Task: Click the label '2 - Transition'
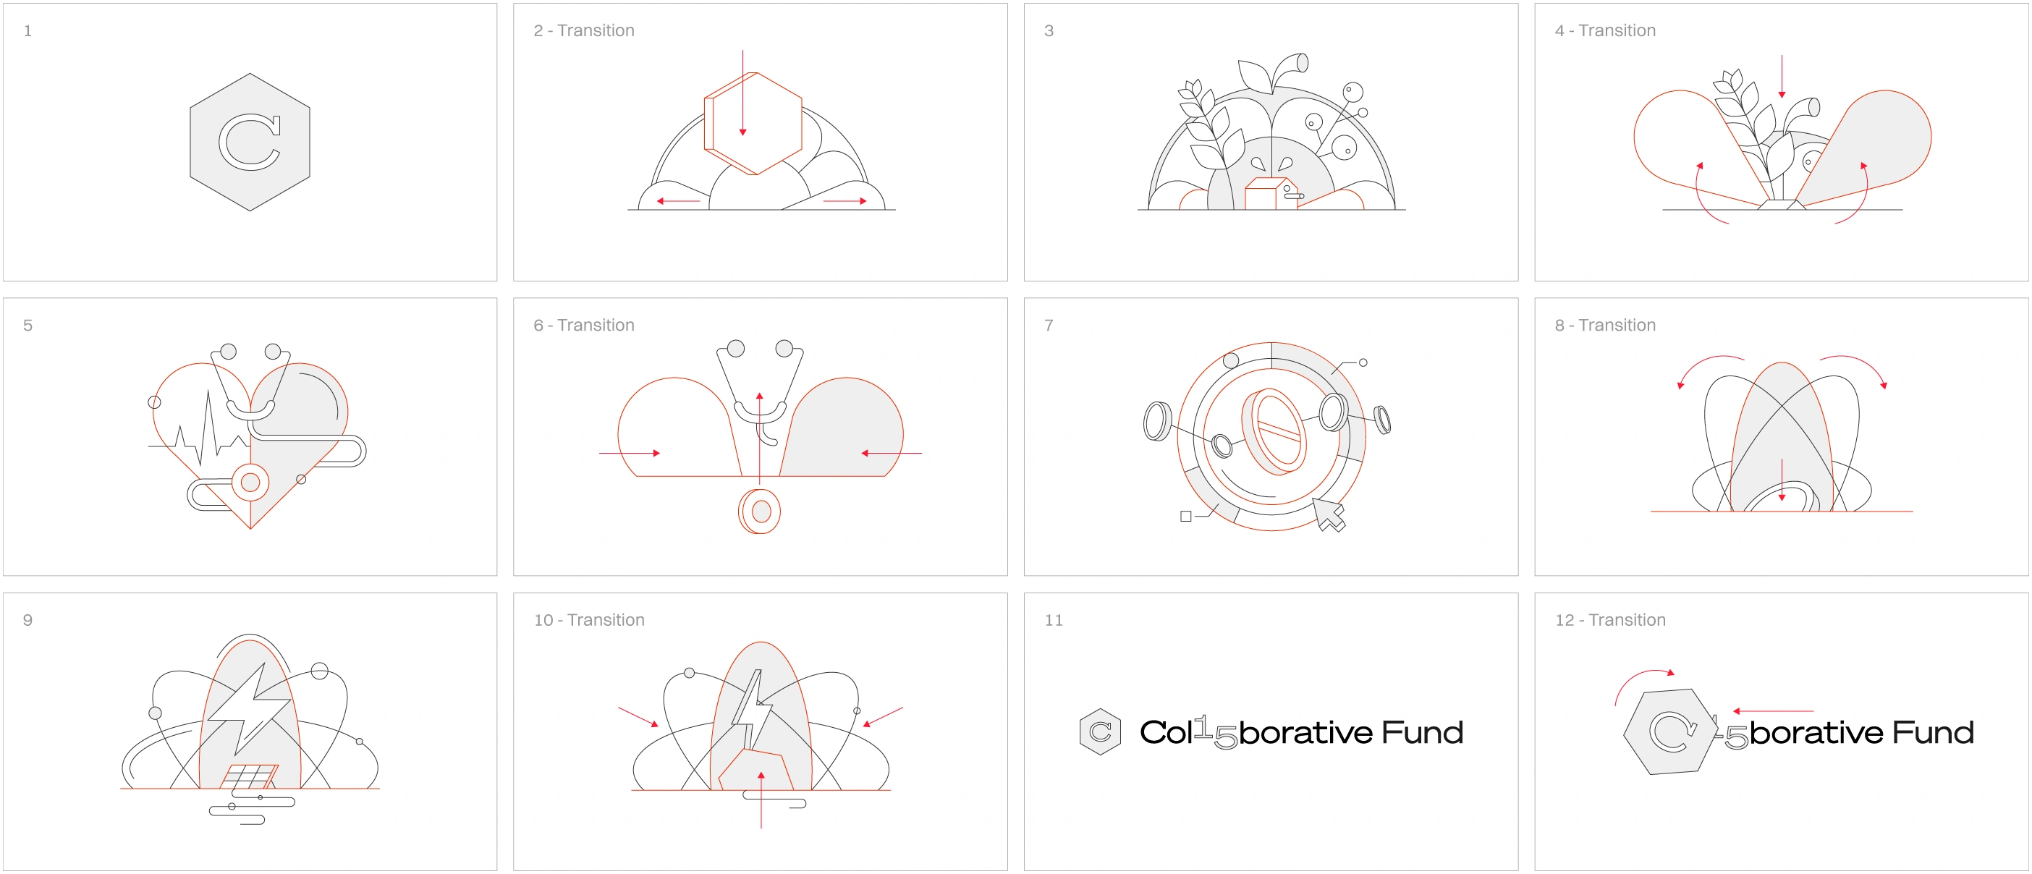[x=584, y=31]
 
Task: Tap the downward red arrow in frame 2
[x=742, y=93]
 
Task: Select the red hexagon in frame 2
[x=753, y=123]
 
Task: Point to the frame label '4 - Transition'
[x=1605, y=31]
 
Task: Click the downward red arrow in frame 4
[x=1782, y=77]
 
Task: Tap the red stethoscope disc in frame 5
[x=250, y=482]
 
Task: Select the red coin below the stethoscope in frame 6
[x=760, y=511]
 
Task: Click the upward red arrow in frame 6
[x=760, y=438]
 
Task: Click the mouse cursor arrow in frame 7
[x=1329, y=514]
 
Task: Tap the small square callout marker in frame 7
[x=1185, y=517]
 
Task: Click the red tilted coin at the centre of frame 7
[x=1274, y=431]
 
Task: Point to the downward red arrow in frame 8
[x=1782, y=480]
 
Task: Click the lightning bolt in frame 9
[x=249, y=708]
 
